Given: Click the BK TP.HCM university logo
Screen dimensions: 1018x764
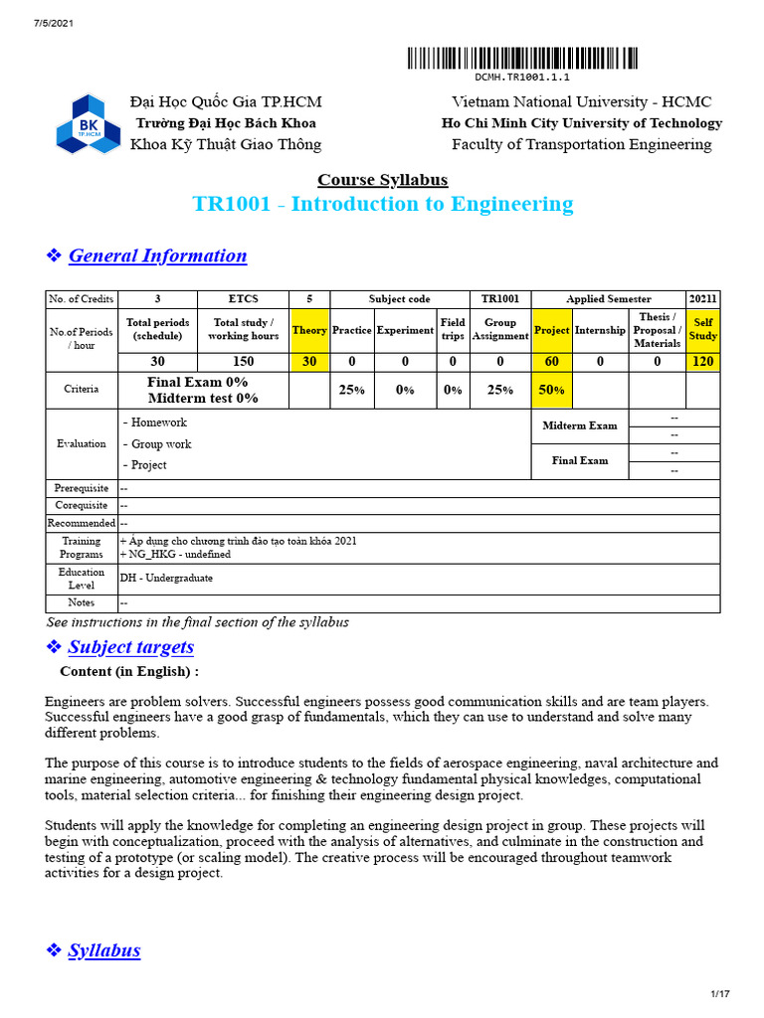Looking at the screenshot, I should pyautogui.click(x=87, y=123).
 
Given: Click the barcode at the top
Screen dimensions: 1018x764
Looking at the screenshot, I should pyautogui.click(x=522, y=59).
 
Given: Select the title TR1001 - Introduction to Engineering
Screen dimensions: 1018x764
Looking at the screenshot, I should pyautogui.click(x=382, y=205).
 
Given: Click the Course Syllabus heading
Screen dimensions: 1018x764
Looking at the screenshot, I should pyautogui.click(x=382, y=180).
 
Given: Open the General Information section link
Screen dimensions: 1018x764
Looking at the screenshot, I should pyautogui.click(x=157, y=255).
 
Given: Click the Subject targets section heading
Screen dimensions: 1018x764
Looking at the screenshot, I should pyautogui.click(x=131, y=647).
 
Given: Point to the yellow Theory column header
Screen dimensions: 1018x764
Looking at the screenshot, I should pyautogui.click(x=309, y=330).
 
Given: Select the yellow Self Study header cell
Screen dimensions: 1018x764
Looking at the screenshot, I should pyautogui.click(x=702, y=330).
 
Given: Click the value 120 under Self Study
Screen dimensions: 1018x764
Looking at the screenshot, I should pyautogui.click(x=702, y=362).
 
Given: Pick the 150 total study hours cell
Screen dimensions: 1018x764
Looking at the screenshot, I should pyautogui.click(x=244, y=362).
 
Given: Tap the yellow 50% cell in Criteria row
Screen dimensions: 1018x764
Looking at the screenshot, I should pyautogui.click(x=551, y=390).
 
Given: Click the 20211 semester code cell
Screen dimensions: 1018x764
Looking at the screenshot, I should pyautogui.click(x=702, y=299).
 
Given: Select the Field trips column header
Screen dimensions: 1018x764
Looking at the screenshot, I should pyautogui.click(x=453, y=330).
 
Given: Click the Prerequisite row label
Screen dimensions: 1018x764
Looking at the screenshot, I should pyautogui.click(x=82, y=488).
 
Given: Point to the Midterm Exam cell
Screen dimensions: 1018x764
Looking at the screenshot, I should pyautogui.click(x=580, y=425).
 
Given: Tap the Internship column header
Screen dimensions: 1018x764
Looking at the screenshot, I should pyautogui.click(x=600, y=330).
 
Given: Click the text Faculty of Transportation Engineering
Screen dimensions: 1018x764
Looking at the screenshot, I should pyautogui.click(x=582, y=145).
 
